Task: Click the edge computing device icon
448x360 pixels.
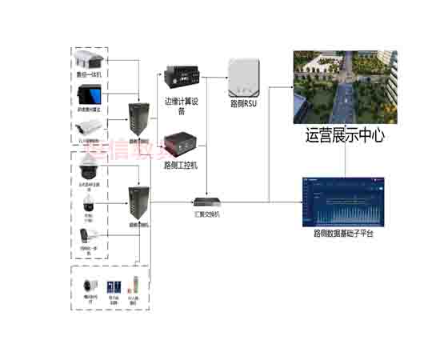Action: (x=181, y=78)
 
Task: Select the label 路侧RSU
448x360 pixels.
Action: (x=243, y=103)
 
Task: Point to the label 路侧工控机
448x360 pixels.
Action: (x=180, y=166)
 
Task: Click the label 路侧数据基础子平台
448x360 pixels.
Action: (x=343, y=234)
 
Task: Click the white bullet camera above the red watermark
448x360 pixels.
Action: (x=88, y=126)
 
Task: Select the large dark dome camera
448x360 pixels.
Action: (x=87, y=169)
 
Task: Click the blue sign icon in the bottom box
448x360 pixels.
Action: (x=114, y=288)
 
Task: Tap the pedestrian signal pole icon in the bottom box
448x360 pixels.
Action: (x=135, y=286)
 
